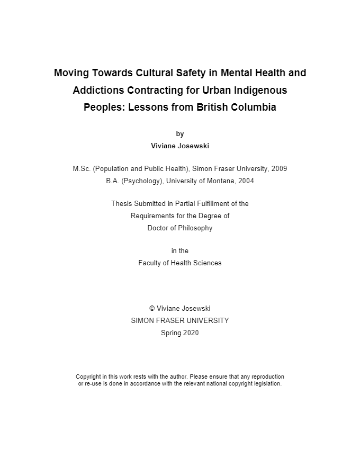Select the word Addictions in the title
[x=98, y=90]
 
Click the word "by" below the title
[x=180, y=134]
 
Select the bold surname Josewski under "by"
[x=193, y=146]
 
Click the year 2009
[x=279, y=169]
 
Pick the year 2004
[x=246, y=181]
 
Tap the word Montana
[x=221, y=181]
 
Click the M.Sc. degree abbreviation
[x=82, y=169]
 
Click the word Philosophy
[x=195, y=228]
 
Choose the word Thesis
[x=121, y=204]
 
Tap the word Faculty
[x=151, y=263]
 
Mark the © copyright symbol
[x=152, y=309]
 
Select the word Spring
[x=171, y=333]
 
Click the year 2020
[x=191, y=333]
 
